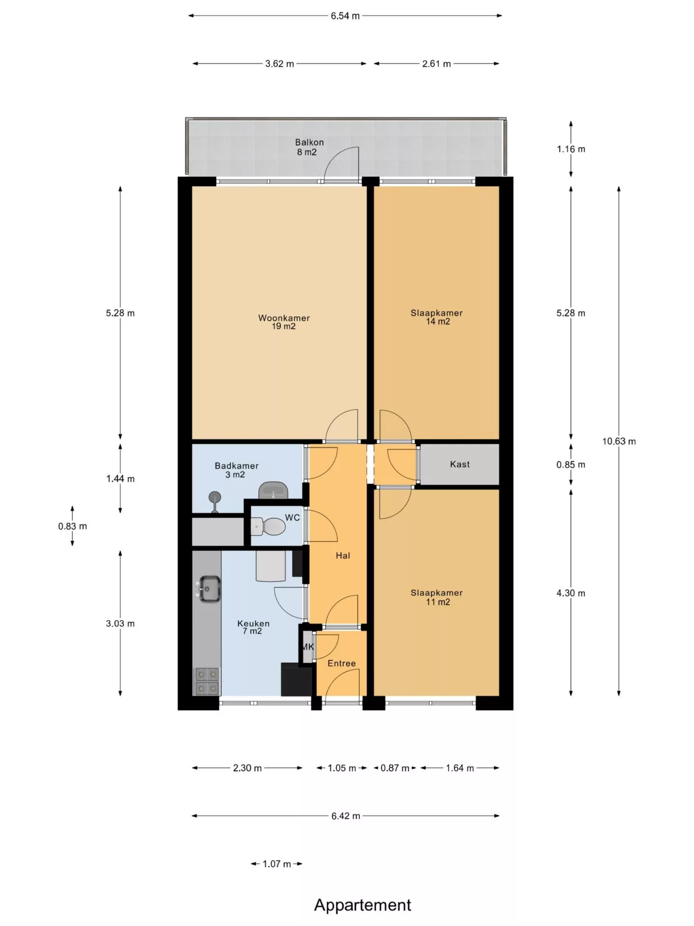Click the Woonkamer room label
click(x=284, y=318)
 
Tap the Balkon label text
click(x=309, y=142)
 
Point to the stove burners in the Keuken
click(x=207, y=681)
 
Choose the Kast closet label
click(x=460, y=464)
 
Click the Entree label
click(x=342, y=663)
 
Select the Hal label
click(x=343, y=556)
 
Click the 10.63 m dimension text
click(x=619, y=441)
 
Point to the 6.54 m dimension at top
click(x=345, y=15)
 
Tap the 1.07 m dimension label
click(x=277, y=864)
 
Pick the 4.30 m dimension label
click(x=571, y=593)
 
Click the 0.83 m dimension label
click(x=73, y=526)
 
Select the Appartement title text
click(x=362, y=905)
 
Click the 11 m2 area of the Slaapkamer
click(x=438, y=602)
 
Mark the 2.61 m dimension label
click(x=436, y=64)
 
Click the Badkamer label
click(x=237, y=466)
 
